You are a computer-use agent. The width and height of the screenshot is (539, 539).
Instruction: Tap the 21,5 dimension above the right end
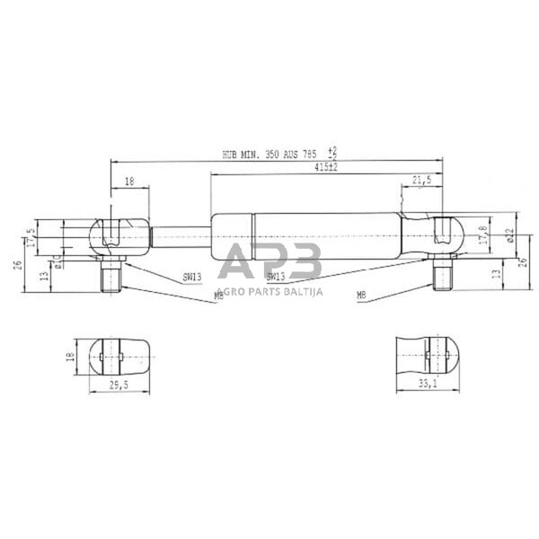[420, 181]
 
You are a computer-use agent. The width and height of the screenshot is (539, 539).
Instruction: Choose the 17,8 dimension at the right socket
[482, 235]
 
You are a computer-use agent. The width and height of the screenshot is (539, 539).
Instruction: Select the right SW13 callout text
[276, 278]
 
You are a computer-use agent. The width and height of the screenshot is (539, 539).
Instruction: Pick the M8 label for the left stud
[218, 295]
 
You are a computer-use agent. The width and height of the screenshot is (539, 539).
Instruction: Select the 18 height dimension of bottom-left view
[69, 358]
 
